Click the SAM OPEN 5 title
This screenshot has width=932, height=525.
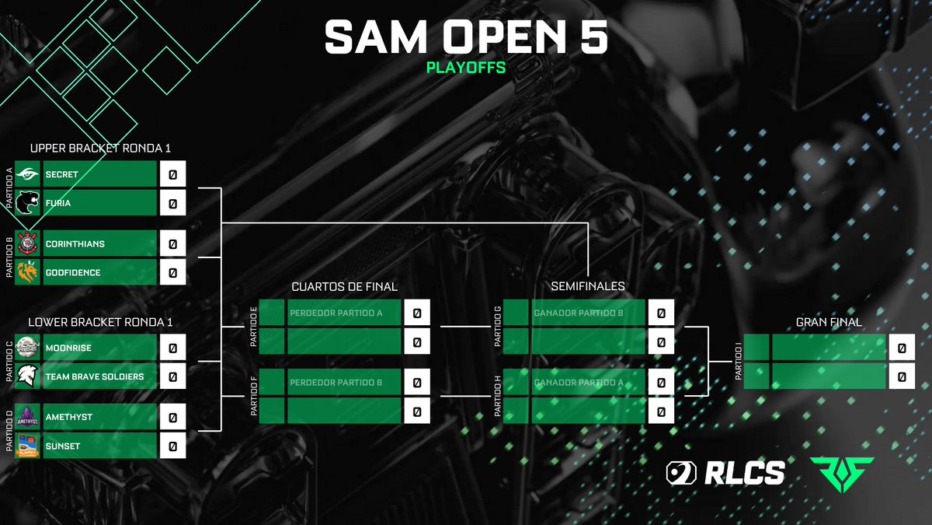pyautogui.click(x=465, y=37)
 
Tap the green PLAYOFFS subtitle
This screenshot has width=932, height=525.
pyautogui.click(x=465, y=68)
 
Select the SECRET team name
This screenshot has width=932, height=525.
pyautogui.click(x=61, y=175)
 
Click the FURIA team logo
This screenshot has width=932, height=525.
pyautogui.click(x=27, y=204)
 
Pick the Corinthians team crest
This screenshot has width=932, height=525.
pyautogui.click(x=27, y=243)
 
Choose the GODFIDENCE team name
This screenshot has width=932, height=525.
pyautogui.click(x=73, y=273)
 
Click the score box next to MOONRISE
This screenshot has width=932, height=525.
pyautogui.click(x=172, y=348)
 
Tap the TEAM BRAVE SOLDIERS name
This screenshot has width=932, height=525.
pyautogui.click(x=94, y=377)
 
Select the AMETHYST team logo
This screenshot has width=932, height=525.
pyautogui.click(x=27, y=417)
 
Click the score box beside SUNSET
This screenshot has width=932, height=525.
pyautogui.click(x=172, y=446)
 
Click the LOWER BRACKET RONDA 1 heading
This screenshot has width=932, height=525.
pyautogui.click(x=100, y=321)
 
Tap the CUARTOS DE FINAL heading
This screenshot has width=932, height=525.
pyautogui.click(x=344, y=287)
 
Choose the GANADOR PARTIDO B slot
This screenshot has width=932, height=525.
pyautogui.click(x=579, y=313)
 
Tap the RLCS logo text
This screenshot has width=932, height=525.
pyautogui.click(x=745, y=472)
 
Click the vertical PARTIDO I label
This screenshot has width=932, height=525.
pyautogui.click(x=739, y=362)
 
